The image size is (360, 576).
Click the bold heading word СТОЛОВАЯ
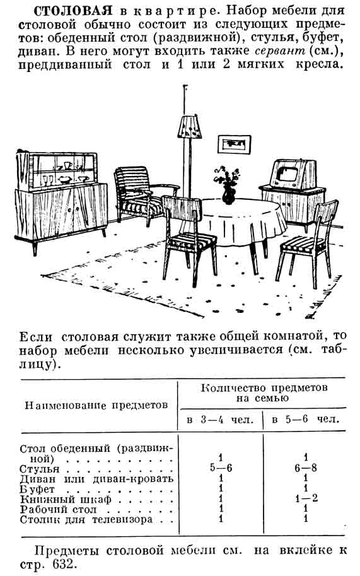coord(73,11)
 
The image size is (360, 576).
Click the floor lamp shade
coord(189,127)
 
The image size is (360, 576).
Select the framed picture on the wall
coord(234,144)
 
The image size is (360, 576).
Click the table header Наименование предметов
coord(96,406)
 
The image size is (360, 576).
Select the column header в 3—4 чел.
coord(220,420)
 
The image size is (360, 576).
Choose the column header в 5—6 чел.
coord(305,419)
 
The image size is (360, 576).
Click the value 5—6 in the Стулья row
coord(221,467)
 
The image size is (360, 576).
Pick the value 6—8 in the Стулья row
coord(306,467)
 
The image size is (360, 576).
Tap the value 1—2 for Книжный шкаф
coord(306,498)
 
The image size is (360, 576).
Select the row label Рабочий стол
coord(58,510)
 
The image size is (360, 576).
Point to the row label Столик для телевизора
coord(86,520)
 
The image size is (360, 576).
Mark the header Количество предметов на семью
coord(264,393)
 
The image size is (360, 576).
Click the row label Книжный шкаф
coord(66,500)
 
